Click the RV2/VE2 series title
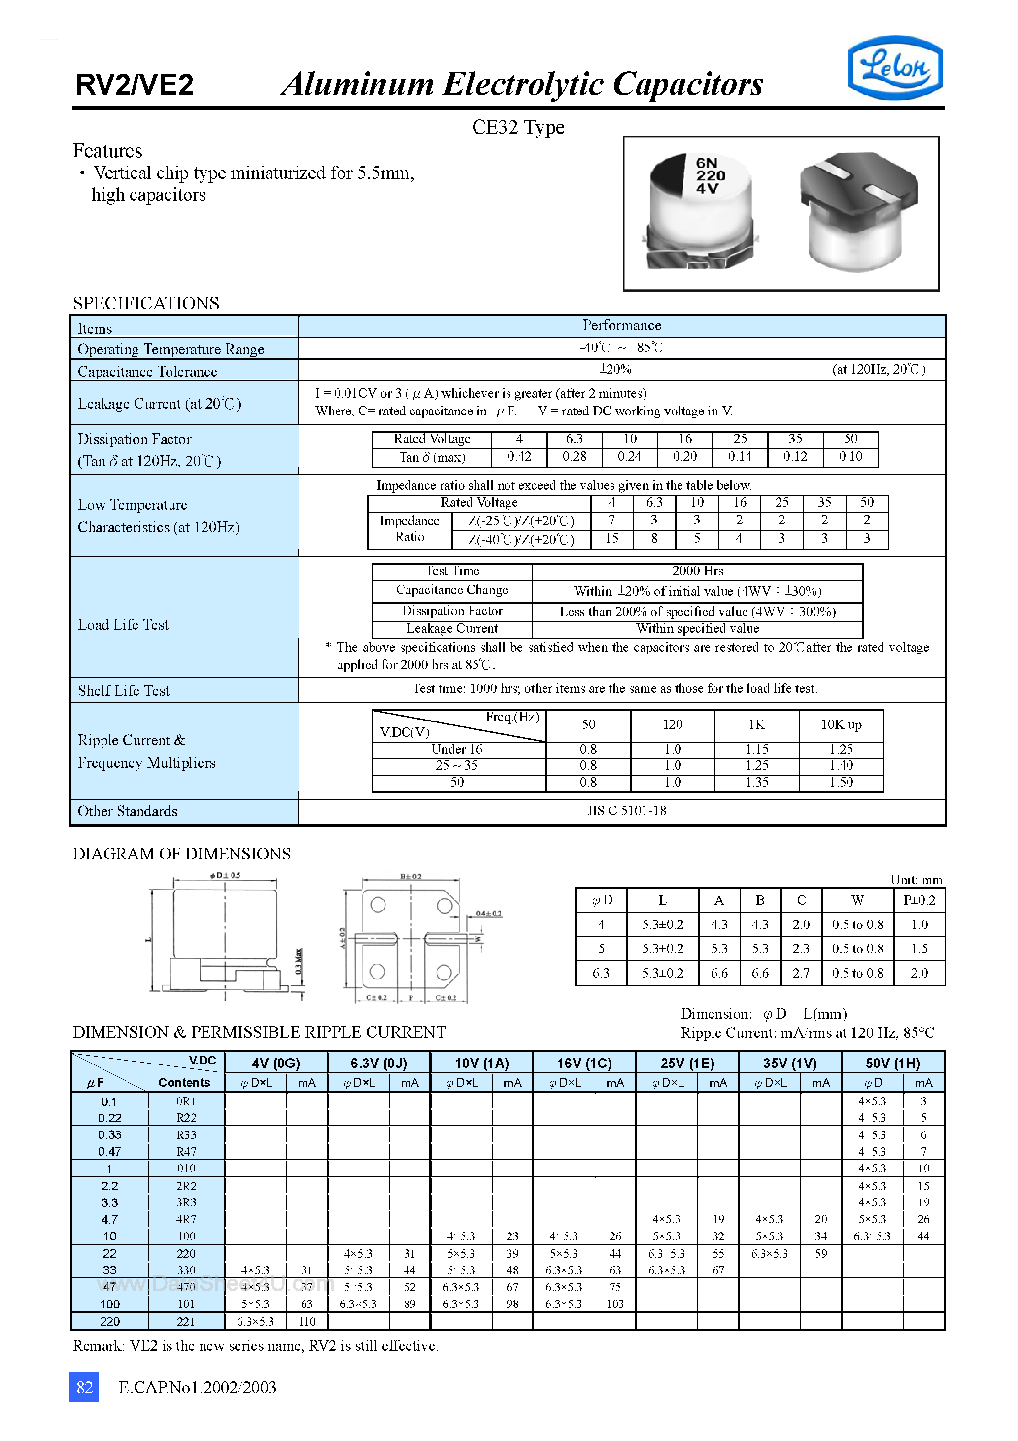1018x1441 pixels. pyautogui.click(x=135, y=85)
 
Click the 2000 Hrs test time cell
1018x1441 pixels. pyautogui.click(x=697, y=571)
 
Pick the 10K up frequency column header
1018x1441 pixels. pyautogui.click(x=841, y=725)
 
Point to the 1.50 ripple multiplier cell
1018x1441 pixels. pyautogui.click(x=841, y=783)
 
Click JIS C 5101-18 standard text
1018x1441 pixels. pyautogui.click(x=626, y=811)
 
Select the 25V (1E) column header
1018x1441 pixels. pyautogui.click(x=687, y=1063)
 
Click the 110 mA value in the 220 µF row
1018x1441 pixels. pyautogui.click(x=307, y=1321)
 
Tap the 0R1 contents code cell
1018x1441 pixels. pyautogui.click(x=186, y=1101)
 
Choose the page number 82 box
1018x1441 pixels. pyautogui.click(x=84, y=1387)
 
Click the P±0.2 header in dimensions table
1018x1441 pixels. pyautogui.click(x=919, y=901)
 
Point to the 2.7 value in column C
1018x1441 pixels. pyautogui.click(x=801, y=973)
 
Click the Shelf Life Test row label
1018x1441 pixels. pyautogui.click(x=124, y=691)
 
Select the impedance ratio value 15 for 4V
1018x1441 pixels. pyautogui.click(x=611, y=539)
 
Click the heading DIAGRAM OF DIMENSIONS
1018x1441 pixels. pyautogui.click(x=181, y=854)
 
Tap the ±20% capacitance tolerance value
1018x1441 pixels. pyautogui.click(x=615, y=369)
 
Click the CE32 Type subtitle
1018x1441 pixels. pyautogui.click(x=518, y=128)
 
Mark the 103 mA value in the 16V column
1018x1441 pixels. pyautogui.click(x=615, y=1304)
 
